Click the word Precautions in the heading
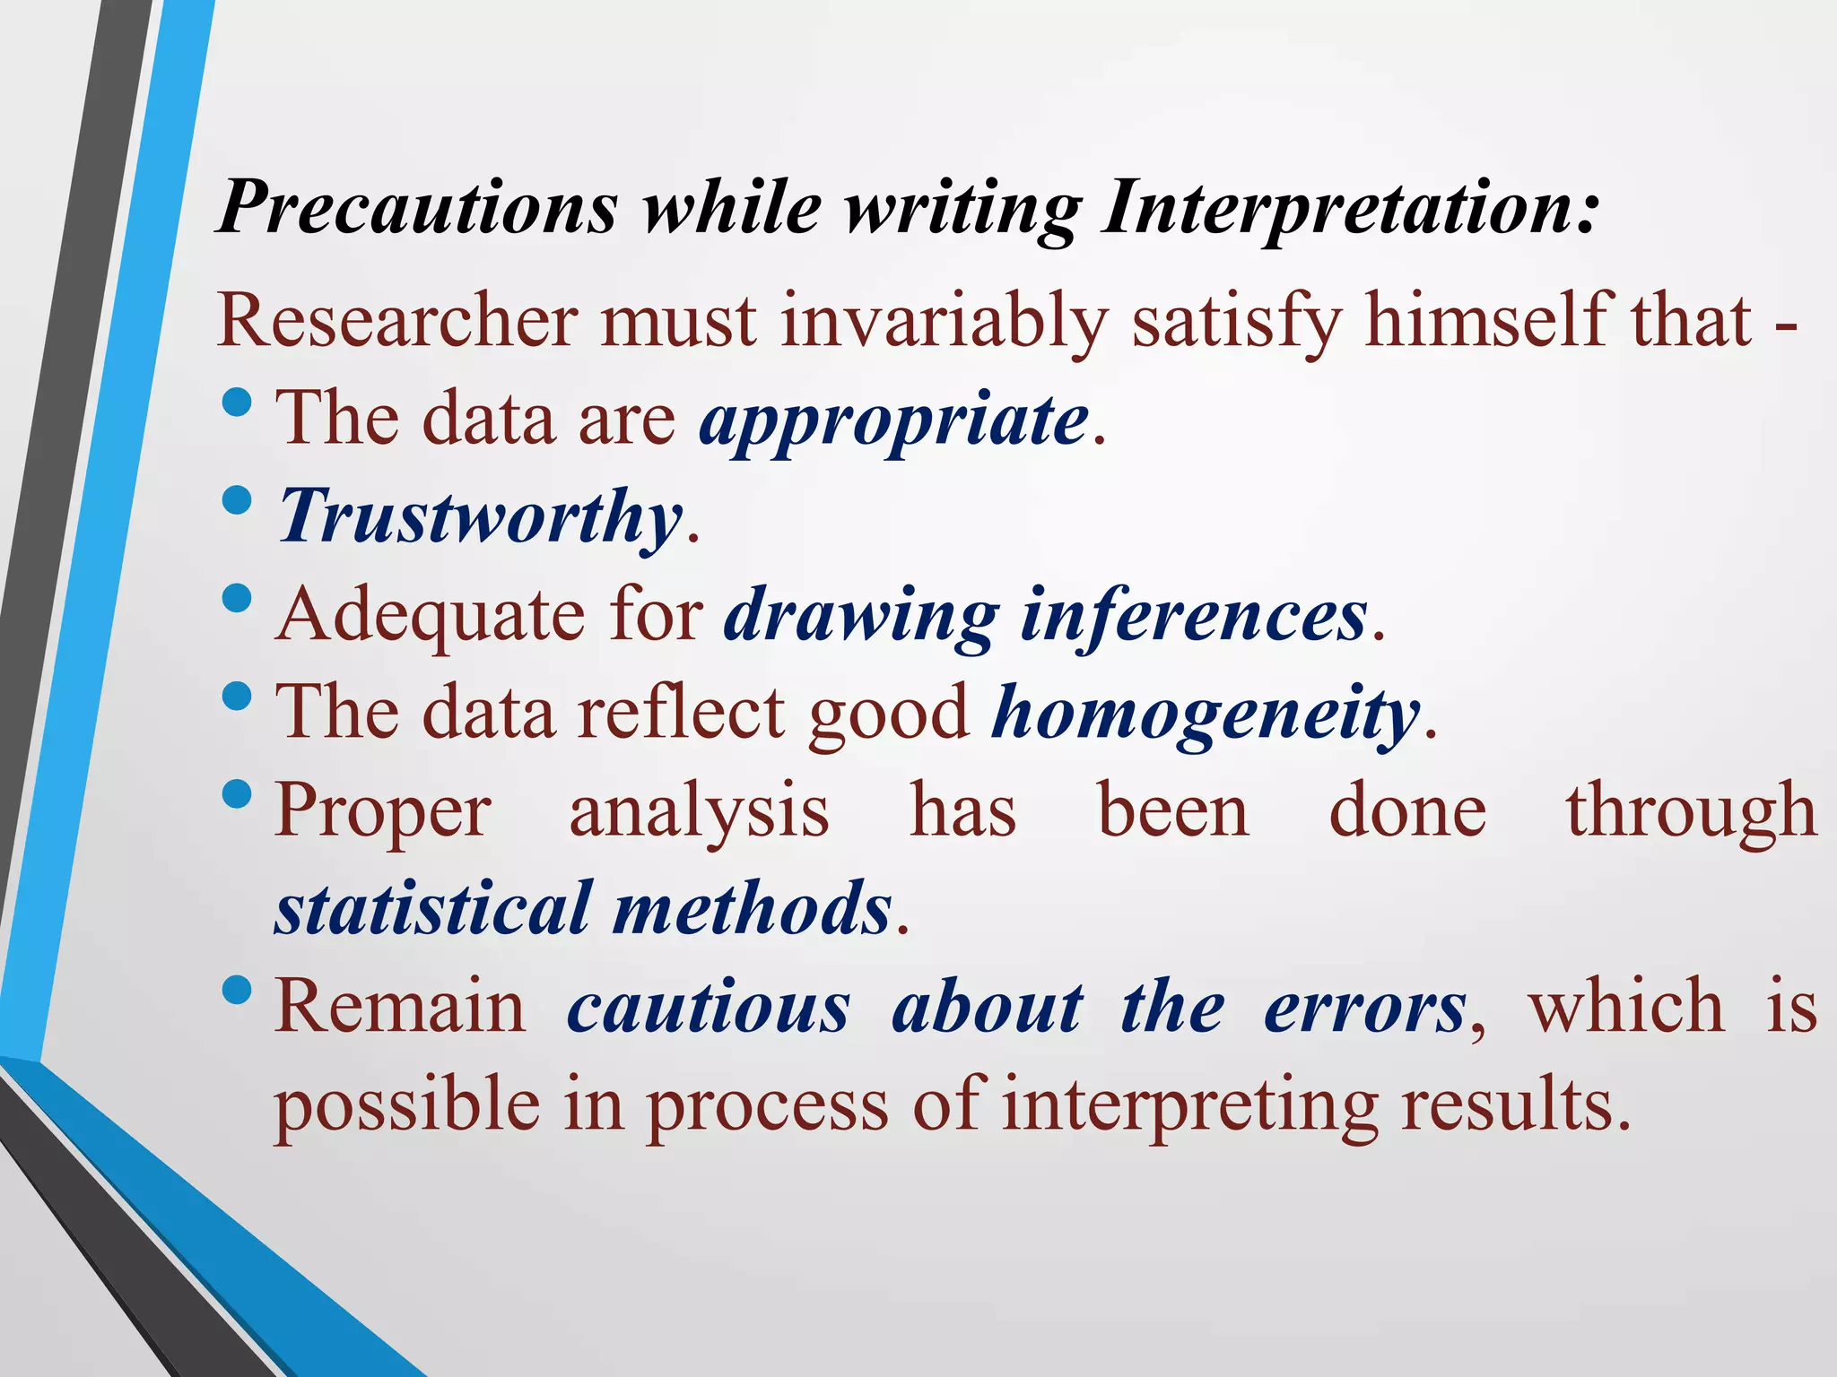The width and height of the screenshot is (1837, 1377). (x=418, y=208)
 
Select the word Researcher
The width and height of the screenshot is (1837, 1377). (x=397, y=321)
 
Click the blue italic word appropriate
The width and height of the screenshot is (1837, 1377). (x=894, y=420)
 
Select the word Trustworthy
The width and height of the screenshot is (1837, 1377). (x=481, y=517)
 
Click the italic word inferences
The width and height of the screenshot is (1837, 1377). (x=1194, y=615)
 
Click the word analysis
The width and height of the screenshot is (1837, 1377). (x=699, y=811)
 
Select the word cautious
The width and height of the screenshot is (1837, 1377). (x=708, y=1007)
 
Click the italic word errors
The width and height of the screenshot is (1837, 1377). (x=1365, y=1007)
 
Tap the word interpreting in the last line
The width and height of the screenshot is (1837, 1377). (x=1189, y=1105)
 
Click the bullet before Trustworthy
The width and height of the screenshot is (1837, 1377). (x=236, y=501)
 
